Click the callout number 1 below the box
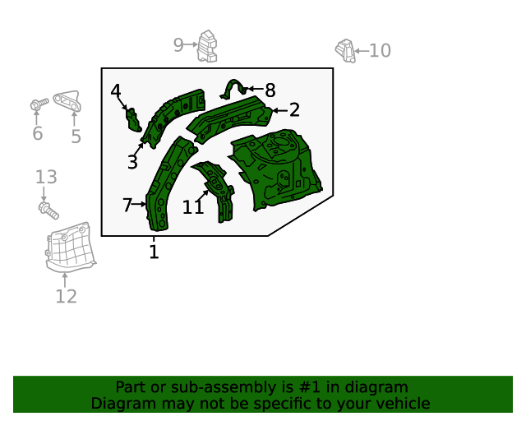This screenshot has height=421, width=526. pyautogui.click(x=154, y=252)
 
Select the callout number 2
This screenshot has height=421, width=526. pyautogui.click(x=294, y=110)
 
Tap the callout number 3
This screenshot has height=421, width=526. pyautogui.click(x=132, y=162)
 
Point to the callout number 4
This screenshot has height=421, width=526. pyautogui.click(x=116, y=91)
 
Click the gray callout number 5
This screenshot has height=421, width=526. pyautogui.click(x=76, y=136)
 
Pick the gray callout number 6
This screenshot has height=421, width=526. pyautogui.click(x=37, y=134)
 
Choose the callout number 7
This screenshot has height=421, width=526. pyautogui.click(x=127, y=205)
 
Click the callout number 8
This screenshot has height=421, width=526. pyautogui.click(x=270, y=90)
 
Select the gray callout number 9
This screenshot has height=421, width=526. pyautogui.click(x=178, y=45)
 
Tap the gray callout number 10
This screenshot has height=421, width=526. pyautogui.click(x=380, y=51)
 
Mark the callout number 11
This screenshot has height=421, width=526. pyautogui.click(x=193, y=208)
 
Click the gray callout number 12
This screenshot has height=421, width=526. pyautogui.click(x=66, y=296)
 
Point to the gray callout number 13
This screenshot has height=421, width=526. pyautogui.click(x=46, y=177)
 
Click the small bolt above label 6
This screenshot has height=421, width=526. pyautogui.click(x=36, y=104)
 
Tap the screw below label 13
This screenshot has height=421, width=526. pyautogui.click(x=48, y=209)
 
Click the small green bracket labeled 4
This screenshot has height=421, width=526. pyautogui.click(x=131, y=119)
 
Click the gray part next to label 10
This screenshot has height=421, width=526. pyautogui.click(x=345, y=50)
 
